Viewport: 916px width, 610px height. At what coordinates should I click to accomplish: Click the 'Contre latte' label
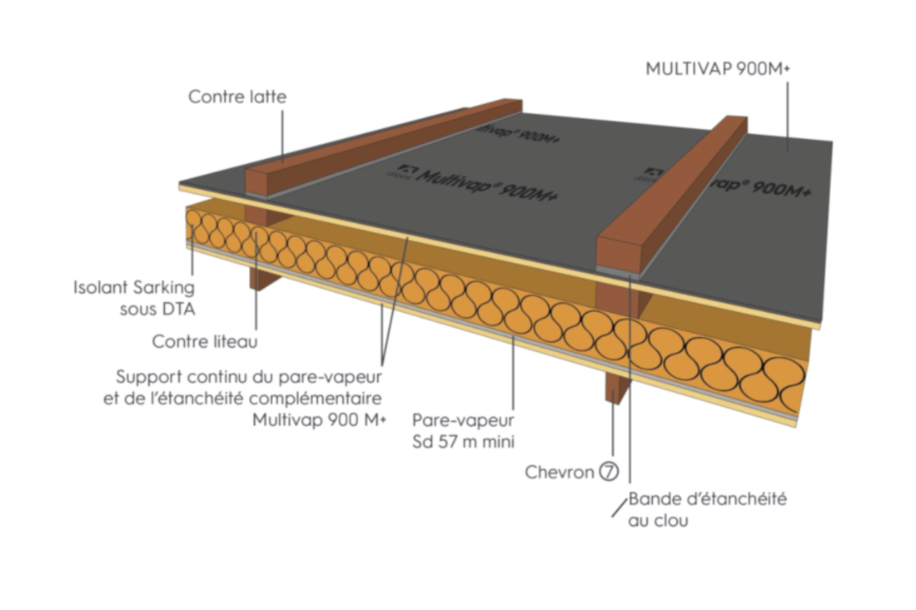point(237,97)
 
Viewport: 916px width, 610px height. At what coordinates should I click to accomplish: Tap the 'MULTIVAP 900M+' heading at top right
point(717,69)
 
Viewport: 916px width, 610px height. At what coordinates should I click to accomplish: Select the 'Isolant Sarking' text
point(134,288)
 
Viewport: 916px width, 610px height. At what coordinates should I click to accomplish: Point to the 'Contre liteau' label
point(205,341)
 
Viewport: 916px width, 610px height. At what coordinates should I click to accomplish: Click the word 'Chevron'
point(559,472)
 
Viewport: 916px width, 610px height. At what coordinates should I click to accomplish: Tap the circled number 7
point(608,471)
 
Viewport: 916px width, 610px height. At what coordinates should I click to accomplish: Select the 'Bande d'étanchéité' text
point(708,499)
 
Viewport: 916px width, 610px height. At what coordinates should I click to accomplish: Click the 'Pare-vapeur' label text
point(463,420)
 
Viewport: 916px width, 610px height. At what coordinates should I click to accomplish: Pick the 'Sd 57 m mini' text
point(463,442)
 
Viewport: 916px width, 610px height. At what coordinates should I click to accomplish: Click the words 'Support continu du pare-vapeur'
point(249,377)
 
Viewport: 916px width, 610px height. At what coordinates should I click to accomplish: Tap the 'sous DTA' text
point(157,310)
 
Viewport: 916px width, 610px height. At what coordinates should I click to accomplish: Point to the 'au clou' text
point(658,521)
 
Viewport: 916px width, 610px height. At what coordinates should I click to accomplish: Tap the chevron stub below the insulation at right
point(615,387)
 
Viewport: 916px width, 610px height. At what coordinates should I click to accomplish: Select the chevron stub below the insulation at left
point(262,277)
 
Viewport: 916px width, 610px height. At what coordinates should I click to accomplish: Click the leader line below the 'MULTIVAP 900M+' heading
point(787,117)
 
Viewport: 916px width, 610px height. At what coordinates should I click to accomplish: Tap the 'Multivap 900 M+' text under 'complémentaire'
point(319,420)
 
